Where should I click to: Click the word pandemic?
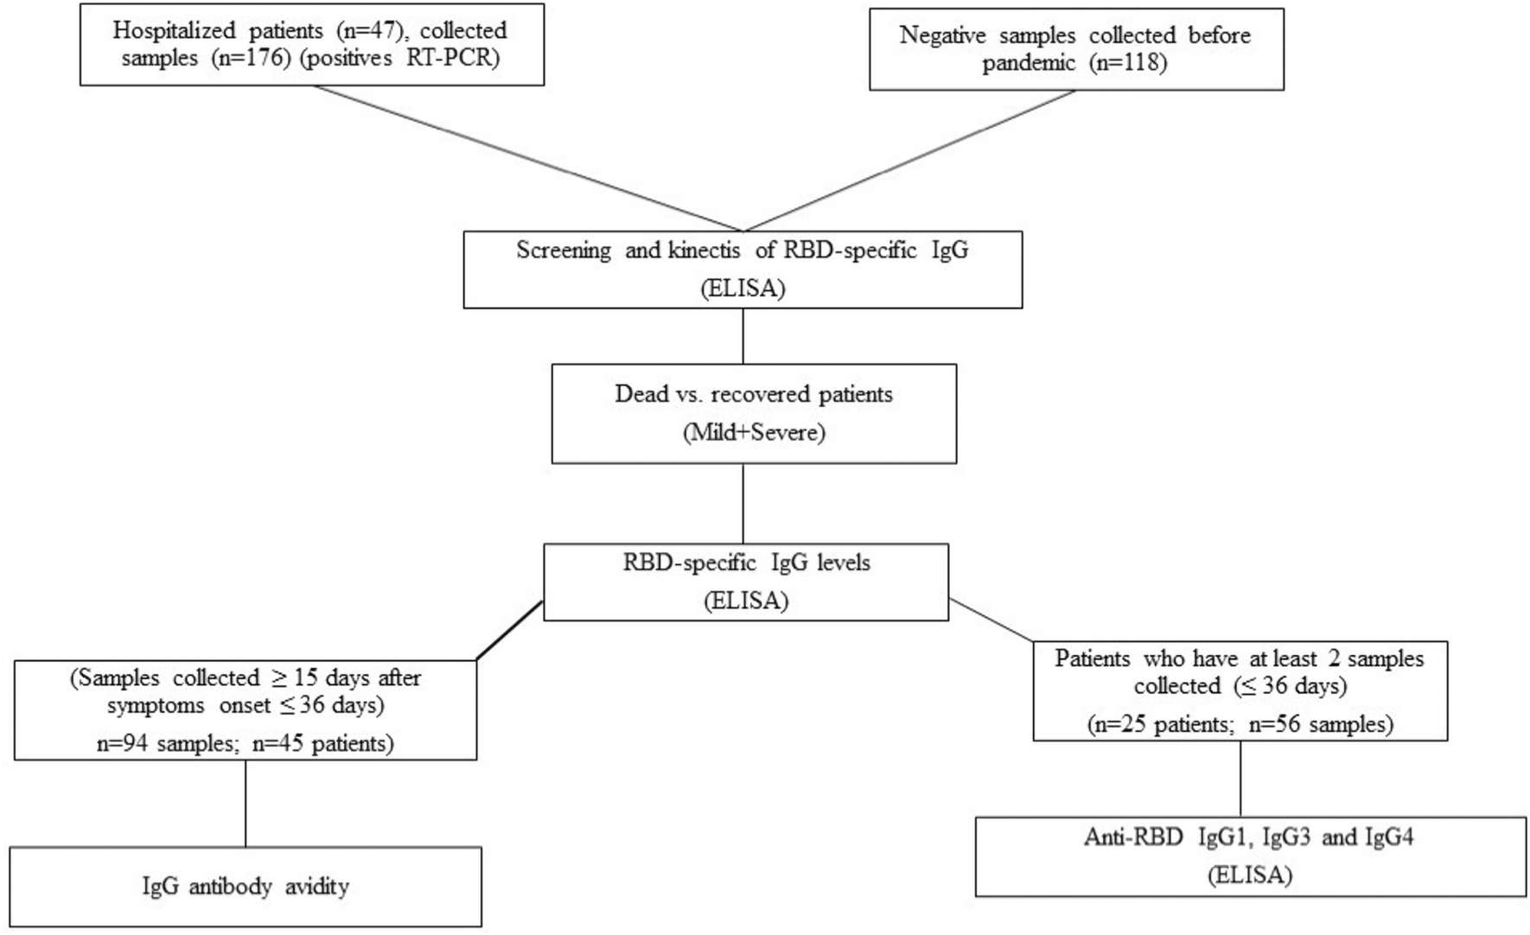coord(1032,63)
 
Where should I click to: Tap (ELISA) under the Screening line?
coord(743,288)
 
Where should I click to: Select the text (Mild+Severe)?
coord(754,432)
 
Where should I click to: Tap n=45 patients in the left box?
coord(322,743)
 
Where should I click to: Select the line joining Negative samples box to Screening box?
coord(908,161)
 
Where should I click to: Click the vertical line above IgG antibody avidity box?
coord(245,804)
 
